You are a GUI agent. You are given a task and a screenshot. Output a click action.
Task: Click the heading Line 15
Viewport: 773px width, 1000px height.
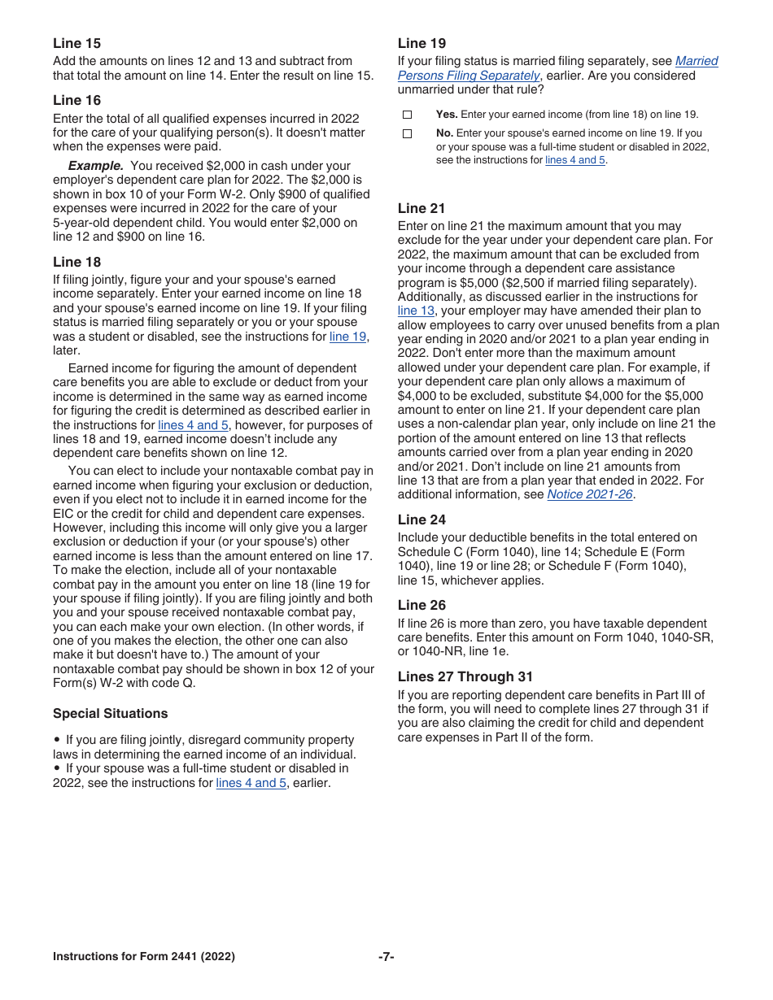77,43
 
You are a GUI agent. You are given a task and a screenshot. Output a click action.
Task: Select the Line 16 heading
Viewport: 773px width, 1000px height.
77,100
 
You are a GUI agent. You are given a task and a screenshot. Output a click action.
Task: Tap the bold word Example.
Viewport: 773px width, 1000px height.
95,166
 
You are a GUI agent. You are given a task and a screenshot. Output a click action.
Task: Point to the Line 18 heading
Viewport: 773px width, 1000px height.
77,262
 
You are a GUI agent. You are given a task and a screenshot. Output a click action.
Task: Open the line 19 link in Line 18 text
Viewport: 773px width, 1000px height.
347,337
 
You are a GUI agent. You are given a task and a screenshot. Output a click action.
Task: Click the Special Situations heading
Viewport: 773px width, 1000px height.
110,713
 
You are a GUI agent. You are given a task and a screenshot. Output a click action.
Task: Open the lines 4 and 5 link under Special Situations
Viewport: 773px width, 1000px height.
251,783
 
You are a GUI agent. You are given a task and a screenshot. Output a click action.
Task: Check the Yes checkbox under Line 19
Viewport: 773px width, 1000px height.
408,115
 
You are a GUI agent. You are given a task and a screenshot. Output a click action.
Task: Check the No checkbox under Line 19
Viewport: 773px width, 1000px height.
408,133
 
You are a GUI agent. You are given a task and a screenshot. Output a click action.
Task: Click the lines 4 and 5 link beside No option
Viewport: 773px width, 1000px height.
575,160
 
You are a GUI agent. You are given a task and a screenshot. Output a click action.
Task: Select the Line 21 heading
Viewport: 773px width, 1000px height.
421,208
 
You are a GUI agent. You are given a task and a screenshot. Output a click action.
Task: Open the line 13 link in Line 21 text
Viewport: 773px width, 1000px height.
416,311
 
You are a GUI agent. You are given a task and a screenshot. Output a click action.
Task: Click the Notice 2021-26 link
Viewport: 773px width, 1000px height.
589,494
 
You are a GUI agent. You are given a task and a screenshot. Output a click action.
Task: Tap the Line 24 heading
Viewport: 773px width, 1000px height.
421,520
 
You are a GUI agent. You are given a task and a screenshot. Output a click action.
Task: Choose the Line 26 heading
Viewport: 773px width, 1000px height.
421,605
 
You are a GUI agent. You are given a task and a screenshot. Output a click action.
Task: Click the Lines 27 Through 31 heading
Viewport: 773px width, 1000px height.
465,676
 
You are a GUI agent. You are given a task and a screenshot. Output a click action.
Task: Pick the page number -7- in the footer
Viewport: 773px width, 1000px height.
386,957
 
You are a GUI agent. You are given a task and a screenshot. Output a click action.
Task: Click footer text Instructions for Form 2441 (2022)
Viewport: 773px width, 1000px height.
144,957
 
